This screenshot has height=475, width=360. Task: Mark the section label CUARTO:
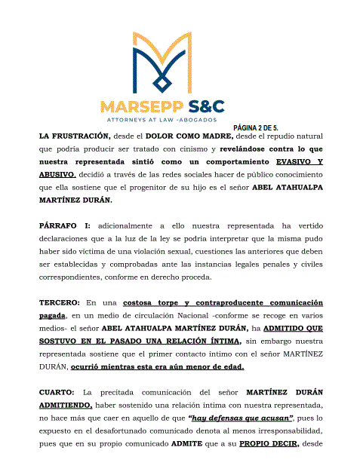click(59, 392)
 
